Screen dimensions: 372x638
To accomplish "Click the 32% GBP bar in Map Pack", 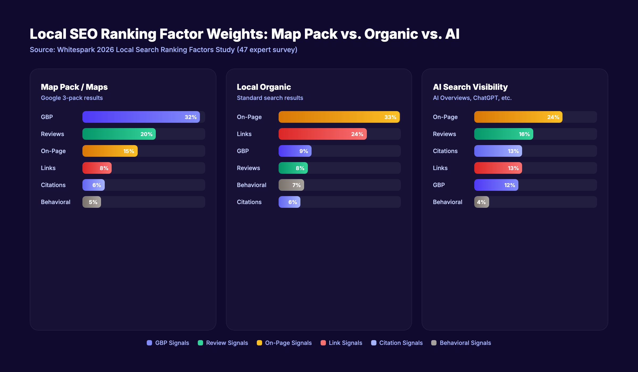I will point(141,117).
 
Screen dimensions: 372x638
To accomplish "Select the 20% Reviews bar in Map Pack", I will point(119,134).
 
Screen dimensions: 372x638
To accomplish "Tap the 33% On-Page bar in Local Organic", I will point(339,117).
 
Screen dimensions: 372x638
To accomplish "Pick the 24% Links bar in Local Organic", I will point(322,134).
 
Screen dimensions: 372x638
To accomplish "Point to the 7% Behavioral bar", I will point(291,185).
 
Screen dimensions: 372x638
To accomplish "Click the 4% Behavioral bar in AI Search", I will point(481,202).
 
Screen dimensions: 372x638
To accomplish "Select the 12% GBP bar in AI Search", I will point(496,185).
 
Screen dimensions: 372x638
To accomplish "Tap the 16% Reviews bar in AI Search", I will point(503,134).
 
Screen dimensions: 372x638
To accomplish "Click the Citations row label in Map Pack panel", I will point(53,185).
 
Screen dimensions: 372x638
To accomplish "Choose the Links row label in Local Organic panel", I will point(244,134).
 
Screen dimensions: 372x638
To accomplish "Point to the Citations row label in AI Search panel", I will point(445,151).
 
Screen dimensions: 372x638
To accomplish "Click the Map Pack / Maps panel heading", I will point(74,87).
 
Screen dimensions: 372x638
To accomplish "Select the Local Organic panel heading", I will point(264,87).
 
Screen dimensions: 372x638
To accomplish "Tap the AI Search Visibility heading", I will point(470,87).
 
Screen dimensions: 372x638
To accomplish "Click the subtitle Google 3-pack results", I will point(72,98).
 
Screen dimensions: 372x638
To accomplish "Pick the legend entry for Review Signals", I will point(227,343).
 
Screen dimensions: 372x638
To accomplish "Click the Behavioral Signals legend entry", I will point(465,343).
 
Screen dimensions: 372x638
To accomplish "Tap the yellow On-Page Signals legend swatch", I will point(259,343).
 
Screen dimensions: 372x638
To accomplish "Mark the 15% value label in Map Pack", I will point(129,151).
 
